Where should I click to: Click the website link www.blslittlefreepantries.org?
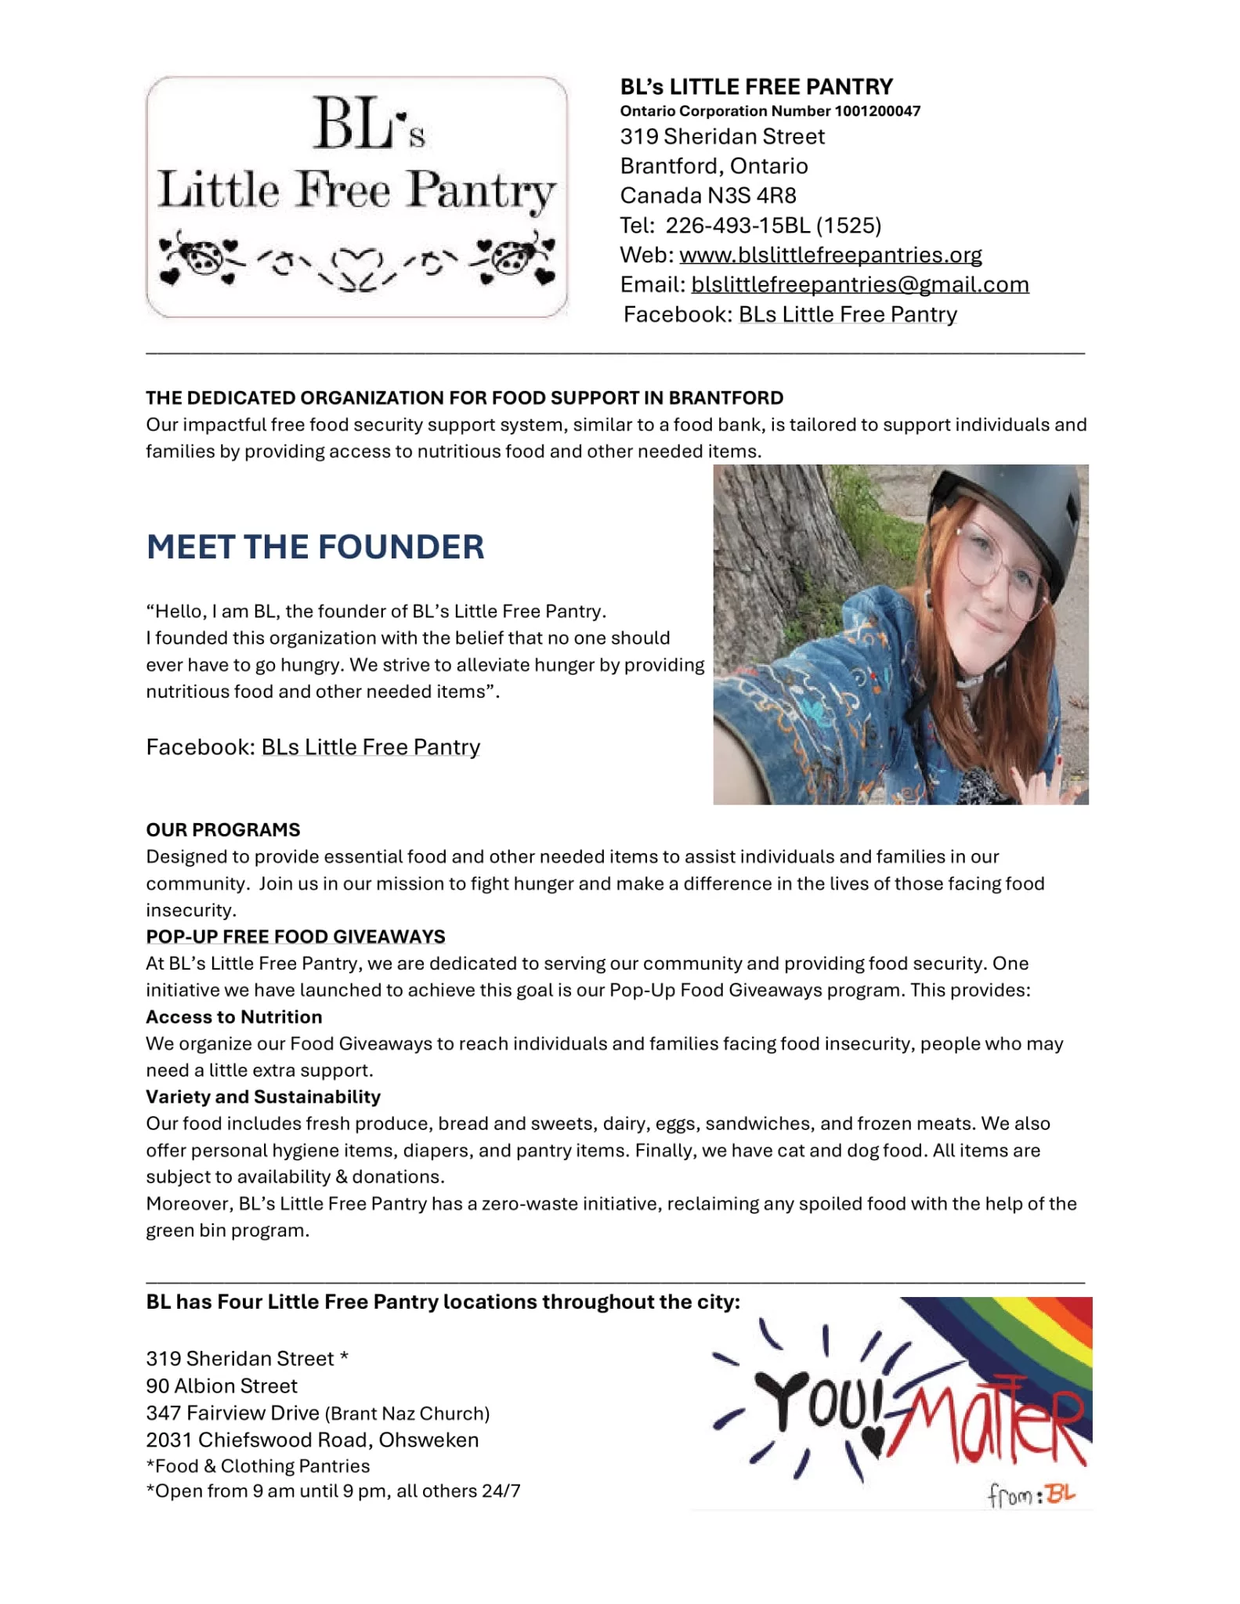[x=830, y=255]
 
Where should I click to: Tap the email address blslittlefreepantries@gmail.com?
[x=859, y=285]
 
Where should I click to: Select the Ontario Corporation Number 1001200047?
[x=770, y=111]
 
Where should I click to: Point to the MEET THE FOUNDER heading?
[x=315, y=547]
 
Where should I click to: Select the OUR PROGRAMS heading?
[x=222, y=830]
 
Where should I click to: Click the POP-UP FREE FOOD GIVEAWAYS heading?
[x=295, y=937]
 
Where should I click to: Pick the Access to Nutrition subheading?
[x=233, y=1017]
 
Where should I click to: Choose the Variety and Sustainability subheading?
[x=263, y=1097]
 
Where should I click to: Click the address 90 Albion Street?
[x=222, y=1386]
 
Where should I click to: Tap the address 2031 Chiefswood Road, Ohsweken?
[x=312, y=1440]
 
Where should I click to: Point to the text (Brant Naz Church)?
[x=407, y=1414]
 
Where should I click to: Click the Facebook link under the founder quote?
[x=370, y=748]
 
